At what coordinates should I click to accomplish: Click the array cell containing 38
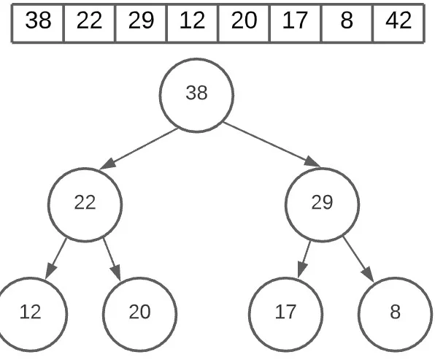pyautogui.click(x=38, y=22)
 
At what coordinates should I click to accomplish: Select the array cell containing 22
pyautogui.click(x=89, y=22)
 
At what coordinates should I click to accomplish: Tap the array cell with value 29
pyautogui.click(x=141, y=22)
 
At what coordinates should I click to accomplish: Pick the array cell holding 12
pyautogui.click(x=192, y=22)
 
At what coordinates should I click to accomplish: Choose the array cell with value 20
pyautogui.click(x=244, y=22)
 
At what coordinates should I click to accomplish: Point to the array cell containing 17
pyautogui.click(x=295, y=22)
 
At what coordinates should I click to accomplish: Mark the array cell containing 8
pyautogui.click(x=346, y=22)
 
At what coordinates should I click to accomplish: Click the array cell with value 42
pyautogui.click(x=398, y=22)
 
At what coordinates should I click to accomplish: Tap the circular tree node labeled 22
pyautogui.click(x=85, y=204)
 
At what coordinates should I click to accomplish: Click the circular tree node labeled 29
pyautogui.click(x=322, y=204)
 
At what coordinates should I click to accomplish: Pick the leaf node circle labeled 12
pyautogui.click(x=31, y=313)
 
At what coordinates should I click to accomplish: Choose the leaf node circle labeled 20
pyautogui.click(x=139, y=313)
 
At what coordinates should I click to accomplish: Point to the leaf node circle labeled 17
pyautogui.click(x=285, y=313)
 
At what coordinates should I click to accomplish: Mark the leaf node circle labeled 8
pyautogui.click(x=395, y=313)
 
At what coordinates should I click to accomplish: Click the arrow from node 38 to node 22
pyautogui.click(x=139, y=149)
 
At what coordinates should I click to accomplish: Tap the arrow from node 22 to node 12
pyautogui.click(x=56, y=258)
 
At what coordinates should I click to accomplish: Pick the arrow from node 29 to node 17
pyautogui.click(x=304, y=258)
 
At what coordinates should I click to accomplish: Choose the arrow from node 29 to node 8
pyautogui.click(x=358, y=258)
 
